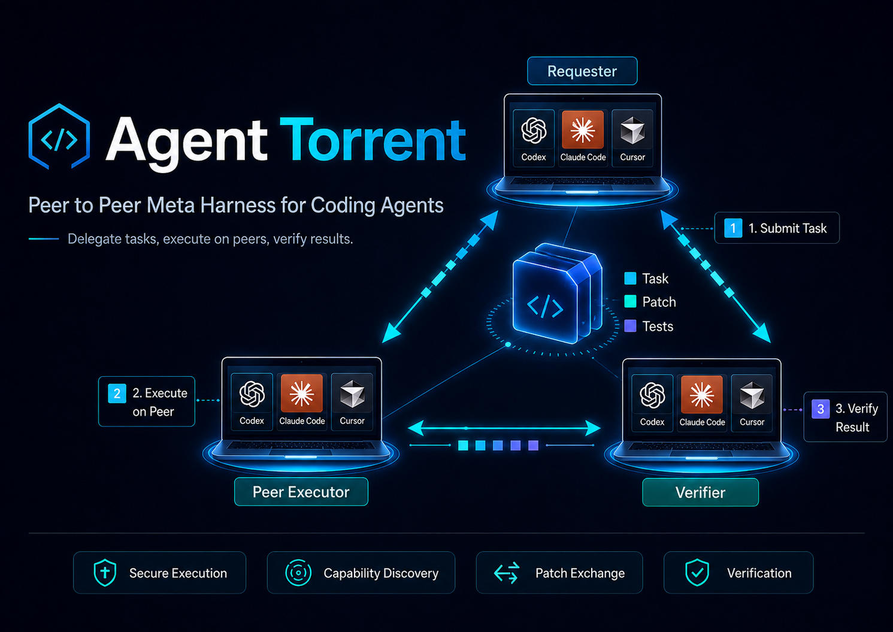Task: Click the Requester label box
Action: pos(582,71)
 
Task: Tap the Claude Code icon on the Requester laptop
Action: pos(582,130)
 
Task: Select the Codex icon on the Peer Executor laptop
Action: pos(252,394)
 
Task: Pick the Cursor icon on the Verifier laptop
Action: pos(752,395)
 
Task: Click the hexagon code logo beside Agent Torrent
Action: pos(59,137)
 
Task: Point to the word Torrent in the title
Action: pos(373,140)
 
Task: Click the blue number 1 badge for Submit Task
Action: pos(732,228)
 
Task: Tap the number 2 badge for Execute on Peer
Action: pos(117,394)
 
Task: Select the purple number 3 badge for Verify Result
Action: pos(821,409)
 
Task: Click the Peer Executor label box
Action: pos(301,492)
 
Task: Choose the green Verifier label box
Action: pos(701,492)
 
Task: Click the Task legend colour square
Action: pos(630,279)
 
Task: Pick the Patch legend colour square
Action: pos(630,301)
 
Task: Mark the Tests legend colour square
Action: pos(630,326)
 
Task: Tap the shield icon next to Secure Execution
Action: pos(105,573)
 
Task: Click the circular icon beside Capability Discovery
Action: pos(298,573)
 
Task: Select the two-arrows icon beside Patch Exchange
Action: pos(506,573)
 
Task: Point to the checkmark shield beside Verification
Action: pos(697,573)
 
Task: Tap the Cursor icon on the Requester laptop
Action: pos(632,130)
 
